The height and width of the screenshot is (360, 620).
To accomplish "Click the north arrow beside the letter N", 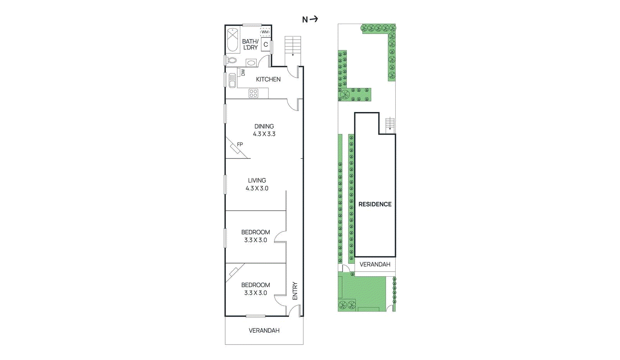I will (x=314, y=19).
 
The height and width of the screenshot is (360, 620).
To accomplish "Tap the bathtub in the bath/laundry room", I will (x=232, y=40).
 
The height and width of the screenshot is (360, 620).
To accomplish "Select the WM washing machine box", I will (x=265, y=32).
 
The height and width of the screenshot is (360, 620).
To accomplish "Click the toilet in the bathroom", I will (x=231, y=60).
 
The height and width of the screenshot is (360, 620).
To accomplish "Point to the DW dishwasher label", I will (x=243, y=72).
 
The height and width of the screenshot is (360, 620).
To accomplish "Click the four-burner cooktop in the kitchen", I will (x=253, y=93).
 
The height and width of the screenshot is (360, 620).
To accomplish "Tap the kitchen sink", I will (x=232, y=80).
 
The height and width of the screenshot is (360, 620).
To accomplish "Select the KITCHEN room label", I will (x=268, y=79).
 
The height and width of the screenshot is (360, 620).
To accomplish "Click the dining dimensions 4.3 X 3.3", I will (x=264, y=134).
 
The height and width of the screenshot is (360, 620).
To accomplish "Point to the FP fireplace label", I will (x=240, y=145).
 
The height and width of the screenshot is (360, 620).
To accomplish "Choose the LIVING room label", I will (x=257, y=181).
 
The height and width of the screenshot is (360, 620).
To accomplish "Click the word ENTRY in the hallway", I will (x=295, y=291).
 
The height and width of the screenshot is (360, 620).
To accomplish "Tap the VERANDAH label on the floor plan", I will (x=264, y=331).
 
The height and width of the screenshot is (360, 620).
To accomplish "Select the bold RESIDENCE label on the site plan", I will (x=375, y=204).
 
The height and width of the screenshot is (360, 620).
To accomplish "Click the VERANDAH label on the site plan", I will (x=375, y=264).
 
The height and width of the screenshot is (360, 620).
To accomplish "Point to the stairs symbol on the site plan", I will (x=390, y=124).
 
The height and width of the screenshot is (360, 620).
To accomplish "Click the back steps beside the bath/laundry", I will (x=293, y=46).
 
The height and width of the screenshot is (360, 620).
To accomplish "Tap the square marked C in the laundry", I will (x=266, y=45).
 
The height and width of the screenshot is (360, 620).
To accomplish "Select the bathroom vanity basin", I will (x=251, y=62).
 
